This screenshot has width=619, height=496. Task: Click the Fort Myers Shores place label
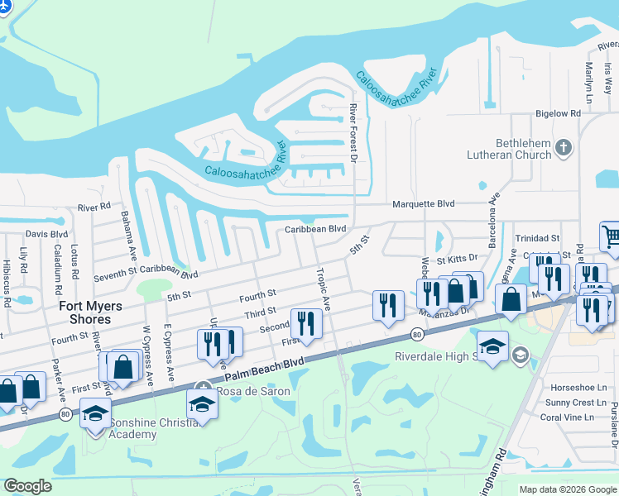coord(90,312)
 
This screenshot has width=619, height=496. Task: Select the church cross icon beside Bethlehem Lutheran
coord(564,148)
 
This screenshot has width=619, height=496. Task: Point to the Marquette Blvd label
coord(423,203)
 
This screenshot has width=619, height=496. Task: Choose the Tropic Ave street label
coord(322,289)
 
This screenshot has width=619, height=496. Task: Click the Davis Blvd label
coord(46,235)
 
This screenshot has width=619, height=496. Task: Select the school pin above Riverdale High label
coord(492,347)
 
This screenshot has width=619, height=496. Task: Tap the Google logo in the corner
coord(27,486)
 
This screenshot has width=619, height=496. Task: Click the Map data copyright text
coord(567,489)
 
